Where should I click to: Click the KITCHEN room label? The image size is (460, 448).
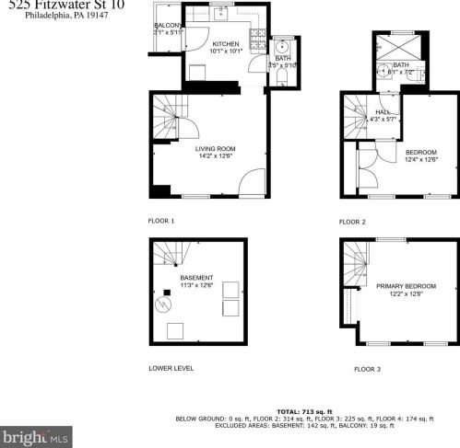pos(226,43)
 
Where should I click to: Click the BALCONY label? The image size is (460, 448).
pos(168,26)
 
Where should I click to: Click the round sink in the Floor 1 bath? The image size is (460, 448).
pos(282,49)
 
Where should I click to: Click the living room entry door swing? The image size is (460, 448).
pos(251,182)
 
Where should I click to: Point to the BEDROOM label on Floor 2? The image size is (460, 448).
pos(420,152)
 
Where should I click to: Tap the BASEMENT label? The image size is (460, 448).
pos(197,277)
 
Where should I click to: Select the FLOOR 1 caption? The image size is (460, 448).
pos(161,221)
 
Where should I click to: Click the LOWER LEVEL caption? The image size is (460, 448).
pos(171,368)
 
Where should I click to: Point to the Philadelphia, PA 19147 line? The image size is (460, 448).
pos(60,16)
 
